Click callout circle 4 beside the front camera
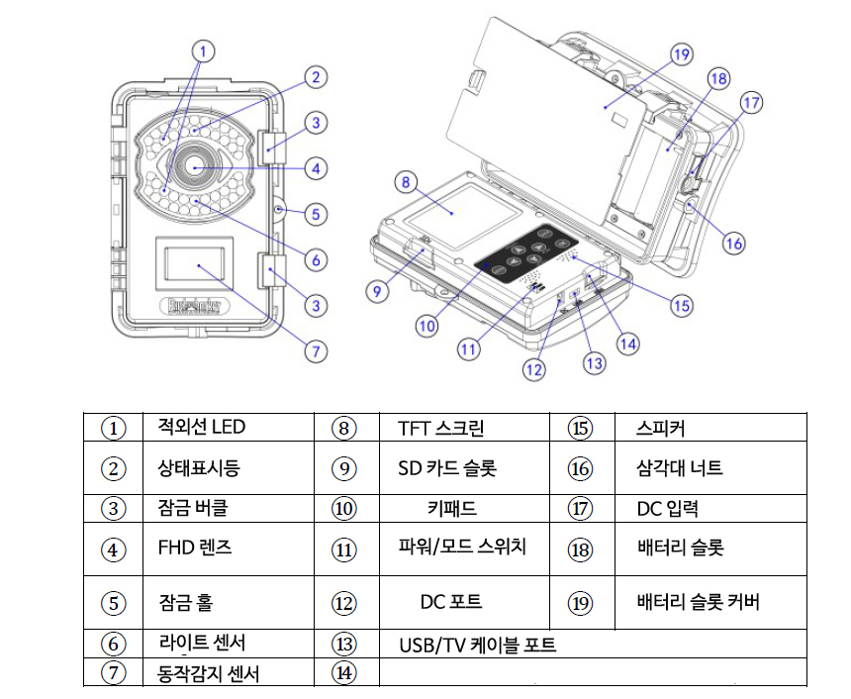point(316,168)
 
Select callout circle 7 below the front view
point(316,349)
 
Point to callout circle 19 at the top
point(680,55)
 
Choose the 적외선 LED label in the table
point(201,428)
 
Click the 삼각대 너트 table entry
point(680,467)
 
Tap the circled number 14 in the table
point(343,673)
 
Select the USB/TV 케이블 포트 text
point(477,646)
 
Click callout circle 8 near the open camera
point(403,181)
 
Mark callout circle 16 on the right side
point(732,243)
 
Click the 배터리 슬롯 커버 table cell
point(699,602)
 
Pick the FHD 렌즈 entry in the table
point(196,547)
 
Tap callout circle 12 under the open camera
point(534,370)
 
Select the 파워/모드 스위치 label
point(461,546)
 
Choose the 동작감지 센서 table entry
point(210,674)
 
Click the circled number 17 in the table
point(580,509)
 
